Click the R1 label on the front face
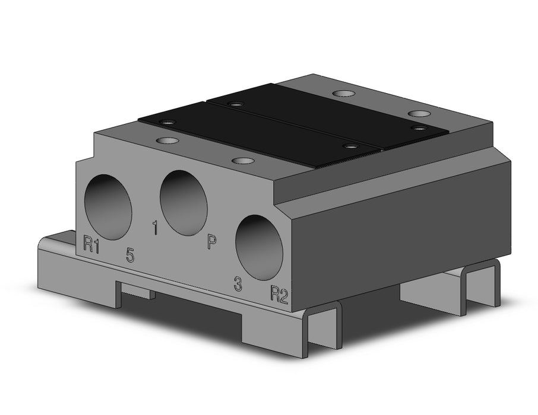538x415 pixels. click(91, 244)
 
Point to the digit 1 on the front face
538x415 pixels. click(155, 228)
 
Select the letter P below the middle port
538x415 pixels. click(211, 242)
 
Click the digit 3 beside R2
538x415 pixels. click(238, 283)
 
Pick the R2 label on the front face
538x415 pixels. click(279, 294)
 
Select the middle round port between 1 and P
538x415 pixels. click(183, 203)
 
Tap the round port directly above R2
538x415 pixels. click(259, 248)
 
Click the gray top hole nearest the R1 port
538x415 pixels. click(167, 141)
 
